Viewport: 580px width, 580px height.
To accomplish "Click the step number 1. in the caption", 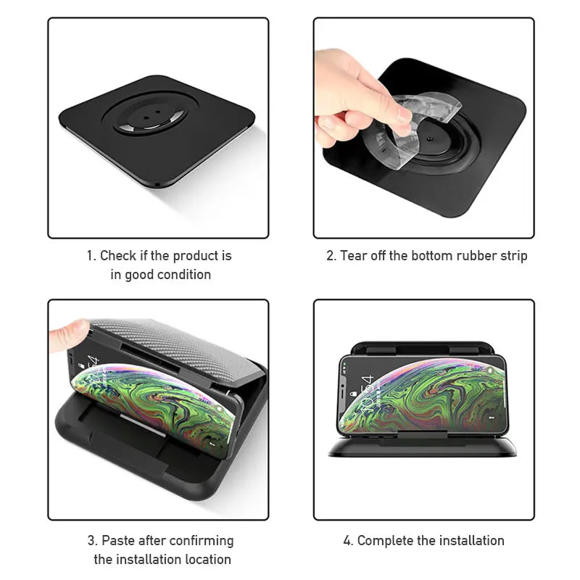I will click(91, 256).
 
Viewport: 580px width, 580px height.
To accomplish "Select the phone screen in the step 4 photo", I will click(420, 395).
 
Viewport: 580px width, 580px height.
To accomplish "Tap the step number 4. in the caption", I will click(348, 541).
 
